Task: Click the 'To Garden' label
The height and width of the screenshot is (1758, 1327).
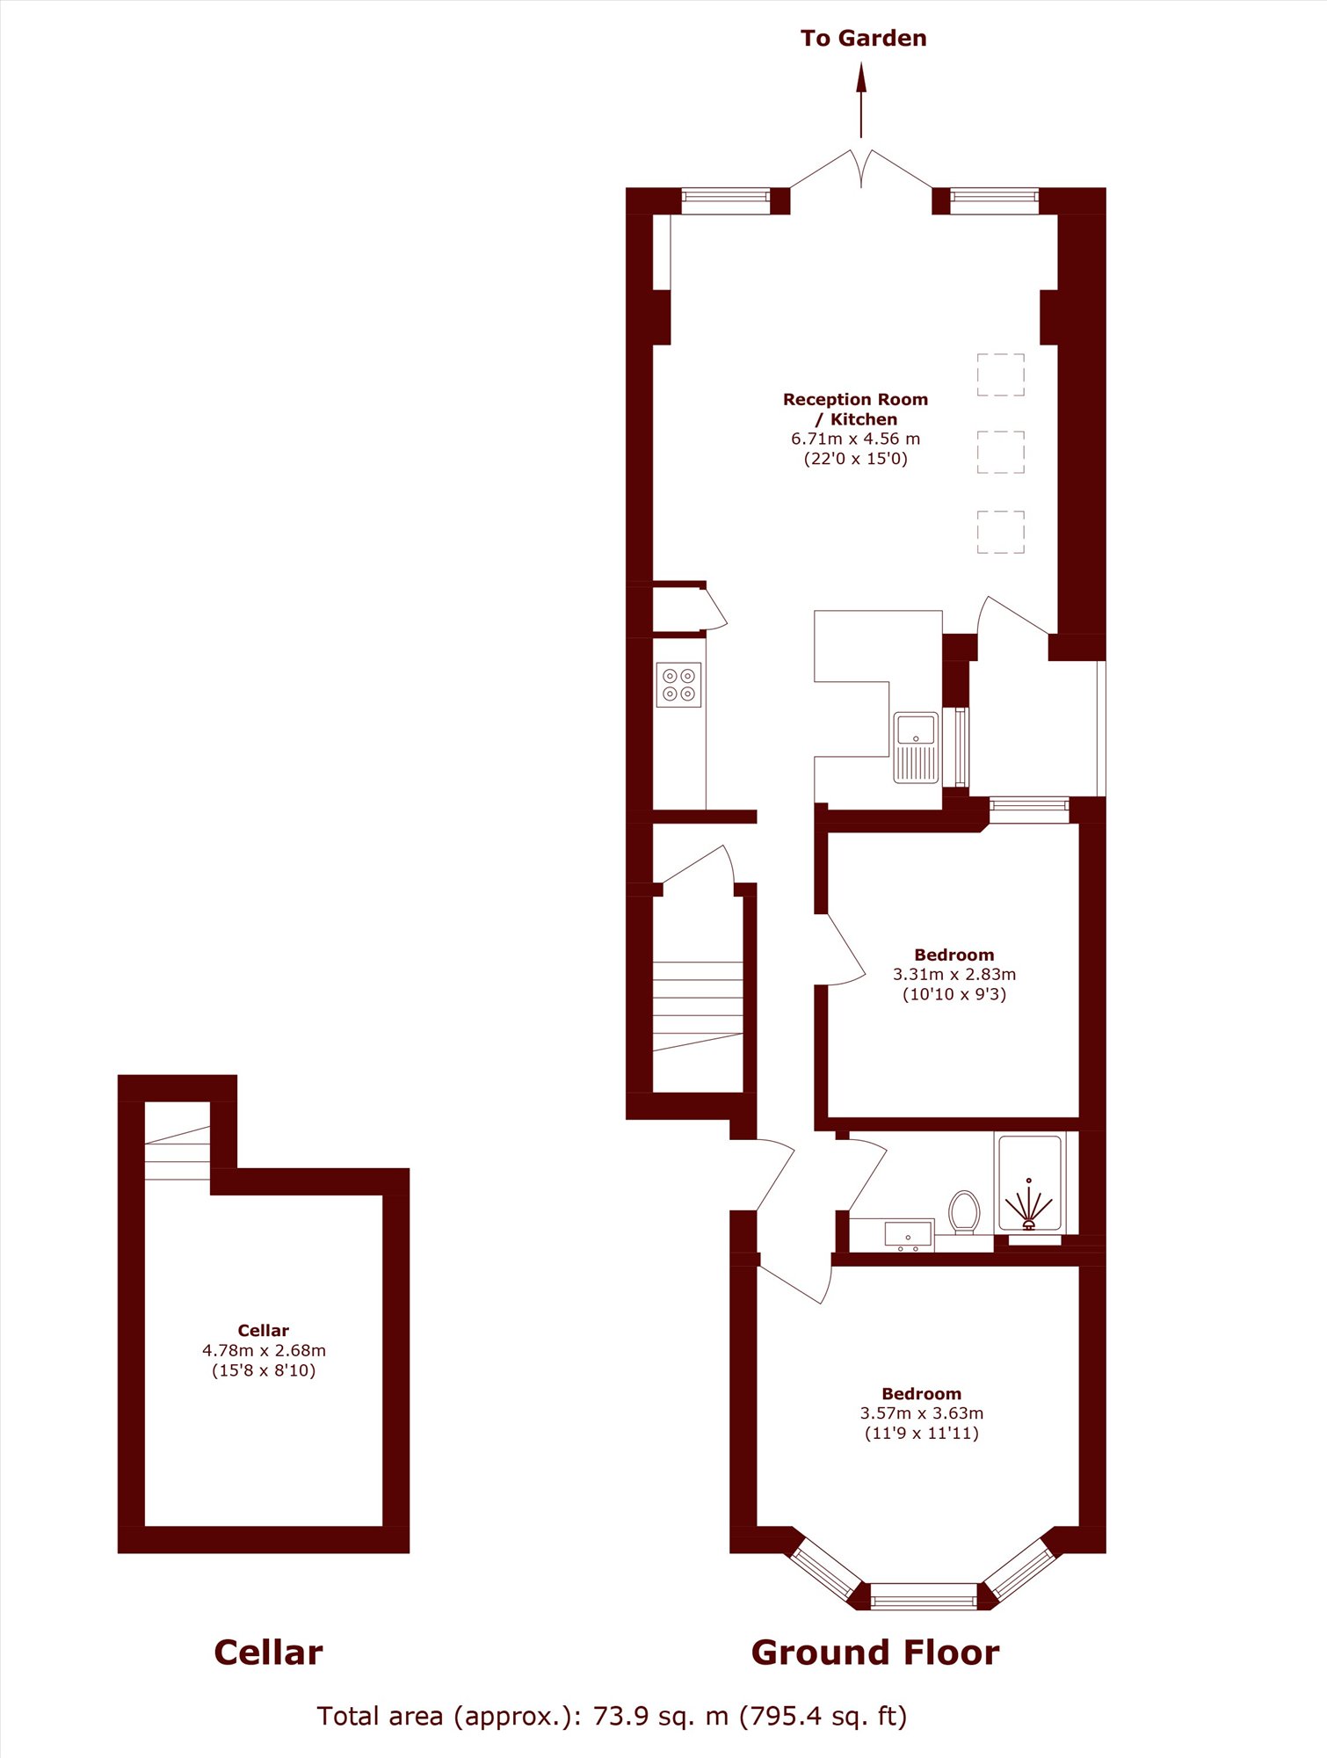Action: [863, 38]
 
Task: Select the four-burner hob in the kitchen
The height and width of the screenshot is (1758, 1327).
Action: [678, 685]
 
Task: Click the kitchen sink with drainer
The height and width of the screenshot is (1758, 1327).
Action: [916, 747]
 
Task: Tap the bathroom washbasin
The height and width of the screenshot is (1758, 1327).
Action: [908, 1235]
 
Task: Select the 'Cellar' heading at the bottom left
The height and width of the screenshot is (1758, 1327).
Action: [268, 1653]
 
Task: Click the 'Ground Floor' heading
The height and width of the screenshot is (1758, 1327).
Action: [875, 1653]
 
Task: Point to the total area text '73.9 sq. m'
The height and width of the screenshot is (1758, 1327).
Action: [661, 1716]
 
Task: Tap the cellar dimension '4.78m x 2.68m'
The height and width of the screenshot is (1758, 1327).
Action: [264, 1350]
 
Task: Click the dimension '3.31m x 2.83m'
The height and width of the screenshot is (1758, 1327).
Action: [954, 974]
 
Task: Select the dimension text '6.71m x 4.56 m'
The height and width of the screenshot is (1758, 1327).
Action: [855, 438]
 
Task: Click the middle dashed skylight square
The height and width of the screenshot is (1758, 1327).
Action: [1001, 452]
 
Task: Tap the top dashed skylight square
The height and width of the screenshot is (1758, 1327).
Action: [1001, 375]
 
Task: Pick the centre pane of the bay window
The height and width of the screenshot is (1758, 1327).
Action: [924, 1595]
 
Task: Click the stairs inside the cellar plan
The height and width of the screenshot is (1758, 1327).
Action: [178, 1152]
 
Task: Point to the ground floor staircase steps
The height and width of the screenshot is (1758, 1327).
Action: [698, 1006]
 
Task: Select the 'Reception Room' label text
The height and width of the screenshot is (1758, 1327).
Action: [855, 399]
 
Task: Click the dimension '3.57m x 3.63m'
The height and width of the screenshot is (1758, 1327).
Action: [922, 1413]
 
